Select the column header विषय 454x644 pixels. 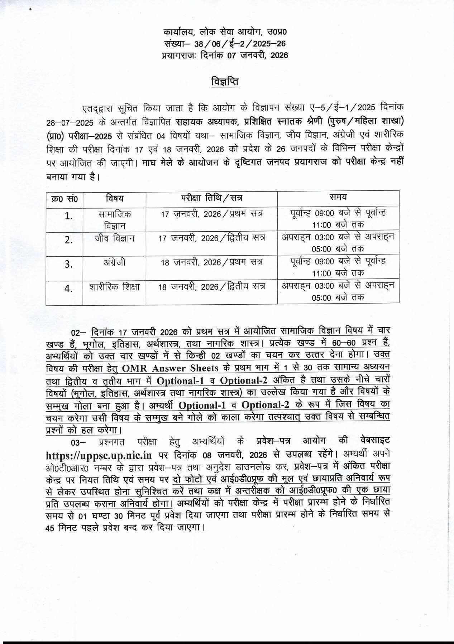click(x=114, y=198)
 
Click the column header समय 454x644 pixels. click(x=338, y=197)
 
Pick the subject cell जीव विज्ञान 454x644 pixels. click(x=114, y=238)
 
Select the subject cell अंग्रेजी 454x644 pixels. click(x=114, y=262)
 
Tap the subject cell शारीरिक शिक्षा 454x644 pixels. click(x=114, y=286)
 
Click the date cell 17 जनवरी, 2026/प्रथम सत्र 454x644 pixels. click(x=211, y=214)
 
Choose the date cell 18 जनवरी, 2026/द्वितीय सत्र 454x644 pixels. click(x=211, y=286)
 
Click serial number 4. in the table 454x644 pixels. click(x=68, y=289)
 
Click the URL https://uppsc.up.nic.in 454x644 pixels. click(x=99, y=455)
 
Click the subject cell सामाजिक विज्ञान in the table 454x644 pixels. click(x=114, y=219)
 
